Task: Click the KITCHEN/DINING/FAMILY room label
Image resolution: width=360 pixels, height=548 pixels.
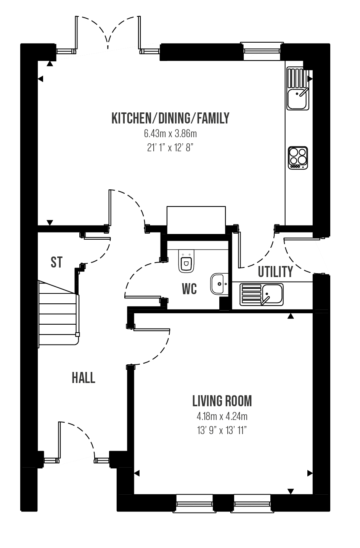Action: coord(170,119)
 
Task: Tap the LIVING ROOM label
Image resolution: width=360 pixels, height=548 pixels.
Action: coord(222,401)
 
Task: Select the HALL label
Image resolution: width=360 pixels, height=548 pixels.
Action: coord(84,378)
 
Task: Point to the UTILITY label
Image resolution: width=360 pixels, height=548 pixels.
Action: coord(275,272)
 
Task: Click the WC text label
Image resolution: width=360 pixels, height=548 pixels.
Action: coord(189,289)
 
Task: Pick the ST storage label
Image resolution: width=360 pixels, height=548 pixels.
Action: coord(56,262)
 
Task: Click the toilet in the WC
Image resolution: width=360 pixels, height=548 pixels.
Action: coord(186,261)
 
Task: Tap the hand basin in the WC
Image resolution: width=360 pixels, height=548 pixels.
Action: coord(219,284)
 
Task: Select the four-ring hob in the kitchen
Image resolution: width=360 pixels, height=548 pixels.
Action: coord(298,158)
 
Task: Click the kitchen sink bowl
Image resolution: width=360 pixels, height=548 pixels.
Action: coord(297,99)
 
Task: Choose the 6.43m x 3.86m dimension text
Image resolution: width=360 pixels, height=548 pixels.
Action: coord(170,134)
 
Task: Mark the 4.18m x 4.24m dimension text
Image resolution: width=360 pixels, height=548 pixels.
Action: coord(222,417)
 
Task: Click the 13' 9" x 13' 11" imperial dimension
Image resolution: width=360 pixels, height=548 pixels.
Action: coord(222,430)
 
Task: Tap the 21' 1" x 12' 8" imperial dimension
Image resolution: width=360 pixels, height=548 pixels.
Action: coord(170,148)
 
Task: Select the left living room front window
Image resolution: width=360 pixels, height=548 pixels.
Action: coord(194,504)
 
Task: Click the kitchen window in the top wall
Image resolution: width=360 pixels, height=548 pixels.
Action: coord(262,51)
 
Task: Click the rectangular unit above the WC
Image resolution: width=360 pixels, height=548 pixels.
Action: coord(196,220)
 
